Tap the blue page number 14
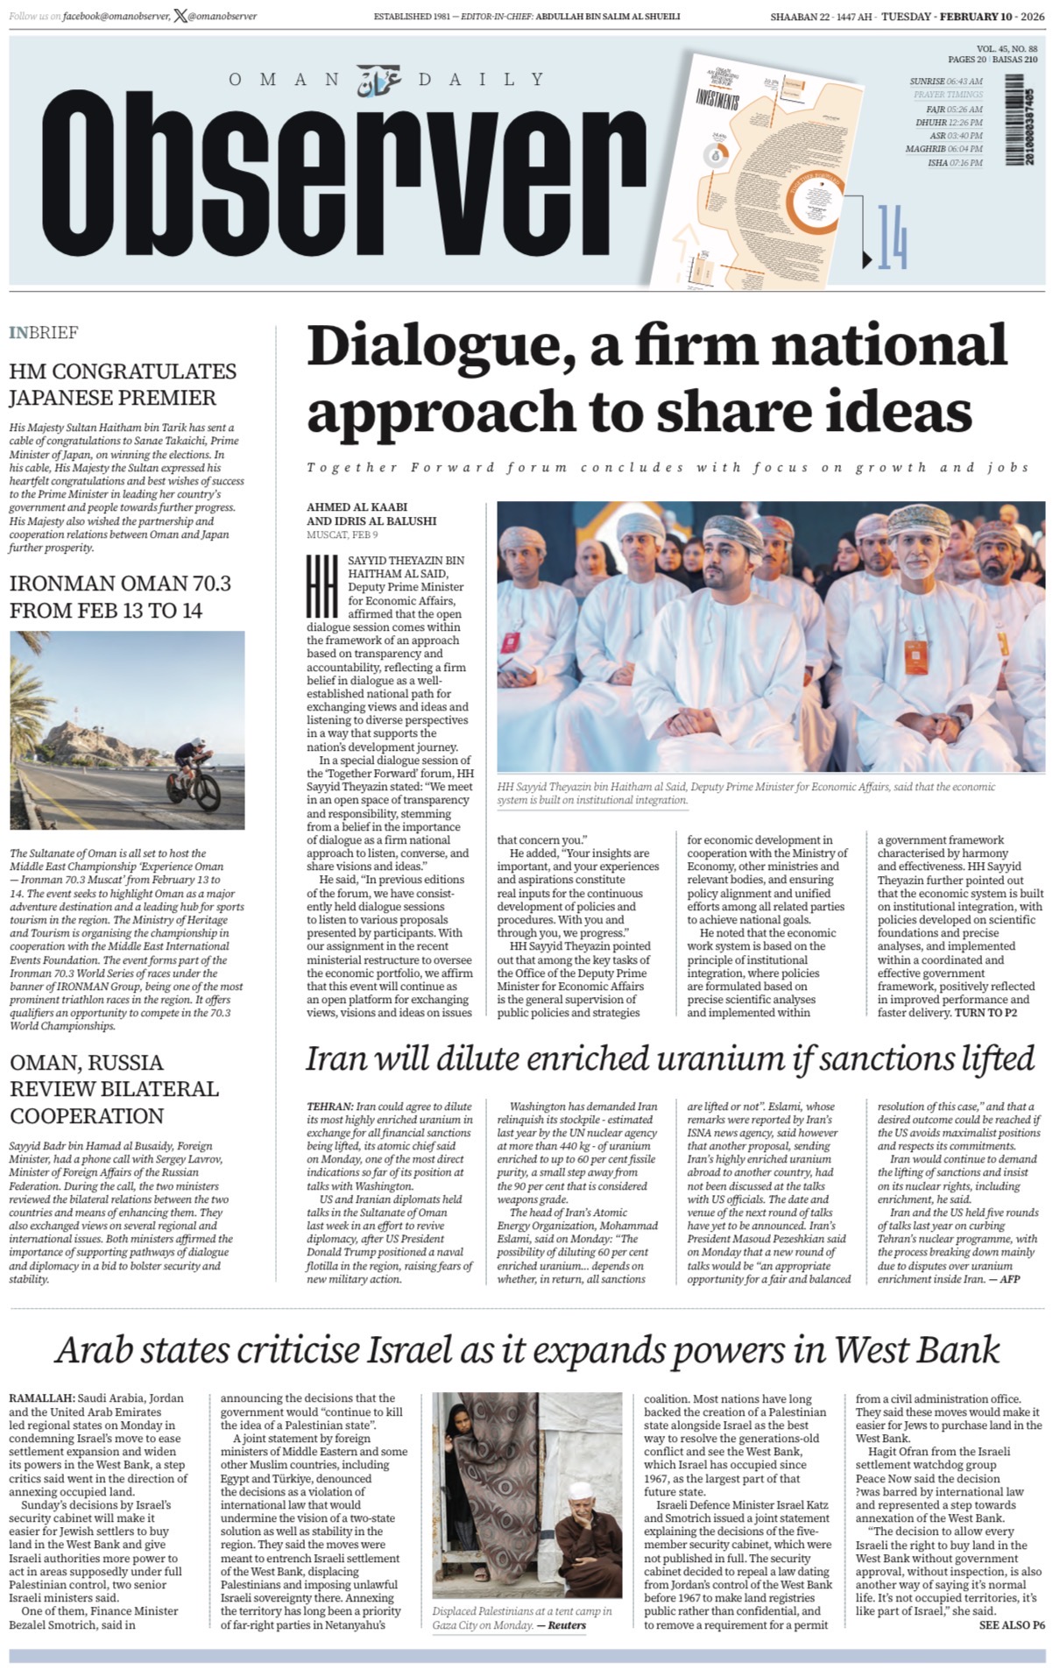tap(892, 237)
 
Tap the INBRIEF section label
tap(43, 333)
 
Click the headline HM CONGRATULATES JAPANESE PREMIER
tap(122, 385)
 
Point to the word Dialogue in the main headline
tap(438, 347)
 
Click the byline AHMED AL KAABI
tap(357, 507)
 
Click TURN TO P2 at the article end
tap(986, 1013)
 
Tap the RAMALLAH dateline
tap(41, 1398)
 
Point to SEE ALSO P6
tap(1011, 1625)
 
